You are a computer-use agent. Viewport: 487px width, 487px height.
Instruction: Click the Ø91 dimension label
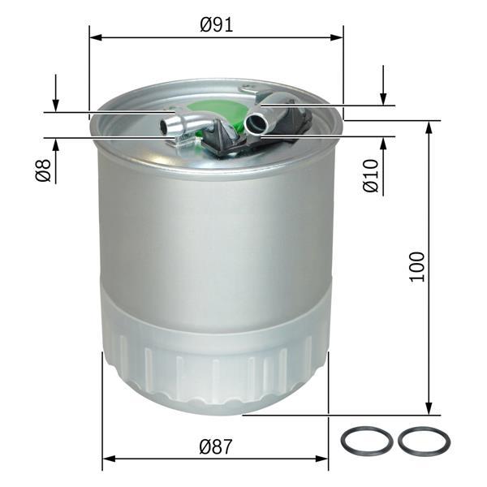pos(217,24)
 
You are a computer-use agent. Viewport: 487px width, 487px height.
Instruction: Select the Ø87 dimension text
pos(217,446)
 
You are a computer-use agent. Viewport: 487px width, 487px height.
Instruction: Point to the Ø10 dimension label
pos(371,175)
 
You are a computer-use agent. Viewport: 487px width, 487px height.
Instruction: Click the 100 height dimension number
pos(417,266)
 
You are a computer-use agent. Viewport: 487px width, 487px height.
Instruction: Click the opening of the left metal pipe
pos(168,126)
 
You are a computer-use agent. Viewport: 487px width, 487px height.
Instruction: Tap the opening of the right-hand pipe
pos(255,124)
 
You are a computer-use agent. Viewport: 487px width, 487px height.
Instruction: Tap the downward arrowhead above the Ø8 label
pos(55,105)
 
